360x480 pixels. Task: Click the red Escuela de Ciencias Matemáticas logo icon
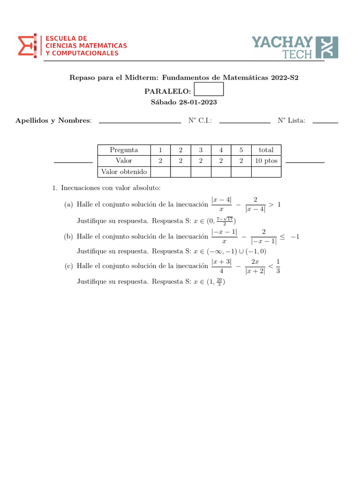click(29, 46)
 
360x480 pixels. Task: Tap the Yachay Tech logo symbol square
click(327, 47)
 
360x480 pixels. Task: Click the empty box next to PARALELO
click(209, 90)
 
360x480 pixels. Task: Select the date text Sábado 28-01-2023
click(184, 102)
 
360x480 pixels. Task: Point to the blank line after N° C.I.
click(245, 122)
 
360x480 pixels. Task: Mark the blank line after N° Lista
click(325, 122)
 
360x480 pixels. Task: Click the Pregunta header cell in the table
click(124, 150)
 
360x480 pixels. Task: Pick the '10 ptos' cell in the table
click(266, 161)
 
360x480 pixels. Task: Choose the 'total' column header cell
click(266, 150)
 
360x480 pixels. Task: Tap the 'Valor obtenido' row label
click(124, 172)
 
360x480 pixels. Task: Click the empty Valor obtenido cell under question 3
click(201, 172)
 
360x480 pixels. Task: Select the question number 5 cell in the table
click(241, 150)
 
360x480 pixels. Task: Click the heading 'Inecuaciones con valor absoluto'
click(111, 188)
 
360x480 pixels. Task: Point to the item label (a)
click(69, 204)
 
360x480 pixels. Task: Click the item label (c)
click(69, 266)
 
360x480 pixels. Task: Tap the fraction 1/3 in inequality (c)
click(277, 266)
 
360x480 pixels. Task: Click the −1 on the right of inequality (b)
click(295, 237)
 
